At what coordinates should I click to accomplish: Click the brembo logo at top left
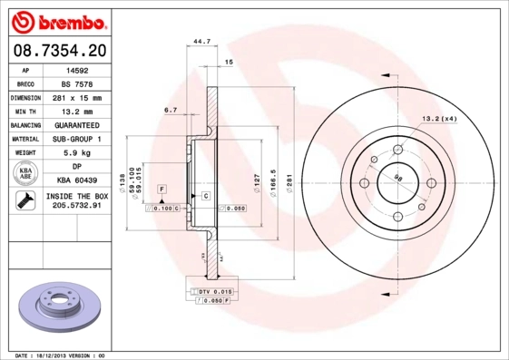59,19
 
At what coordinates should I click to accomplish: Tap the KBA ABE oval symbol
24,174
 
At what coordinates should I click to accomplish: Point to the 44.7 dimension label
201,40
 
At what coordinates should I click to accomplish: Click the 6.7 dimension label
170,110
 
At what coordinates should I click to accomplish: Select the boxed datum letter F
162,188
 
